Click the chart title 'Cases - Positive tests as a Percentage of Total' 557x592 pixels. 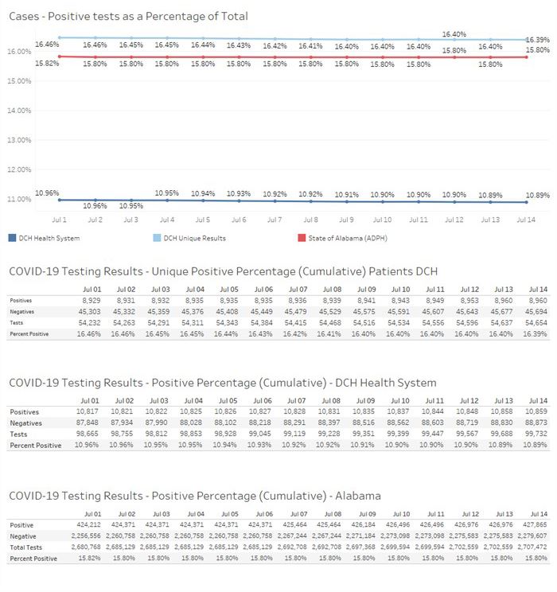click(128, 16)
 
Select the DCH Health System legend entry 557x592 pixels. click(45, 238)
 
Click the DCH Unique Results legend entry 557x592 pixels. click(189, 238)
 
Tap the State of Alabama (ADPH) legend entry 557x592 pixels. click(342, 238)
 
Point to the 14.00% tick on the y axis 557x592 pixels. click(19, 111)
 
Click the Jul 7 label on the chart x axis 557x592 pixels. click(275, 220)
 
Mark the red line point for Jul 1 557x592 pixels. click(60, 56)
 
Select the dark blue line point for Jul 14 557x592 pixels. click(527, 202)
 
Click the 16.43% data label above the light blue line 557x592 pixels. click(239, 45)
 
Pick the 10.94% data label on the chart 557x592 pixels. click(203, 193)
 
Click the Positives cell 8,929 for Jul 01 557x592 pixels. click(92, 301)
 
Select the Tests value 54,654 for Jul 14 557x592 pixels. click(536, 323)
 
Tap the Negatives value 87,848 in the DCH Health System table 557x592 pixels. click(88, 423)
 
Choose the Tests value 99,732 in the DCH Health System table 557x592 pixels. click(536, 434)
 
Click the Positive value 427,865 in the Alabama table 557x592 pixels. click(535, 525)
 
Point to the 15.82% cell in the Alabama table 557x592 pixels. click(89, 558)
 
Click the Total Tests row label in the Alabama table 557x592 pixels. click(26, 547)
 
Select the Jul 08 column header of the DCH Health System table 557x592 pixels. click(331, 401)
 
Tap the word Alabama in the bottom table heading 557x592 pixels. click(358, 496)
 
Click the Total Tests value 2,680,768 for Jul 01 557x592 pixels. click(86, 547)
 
